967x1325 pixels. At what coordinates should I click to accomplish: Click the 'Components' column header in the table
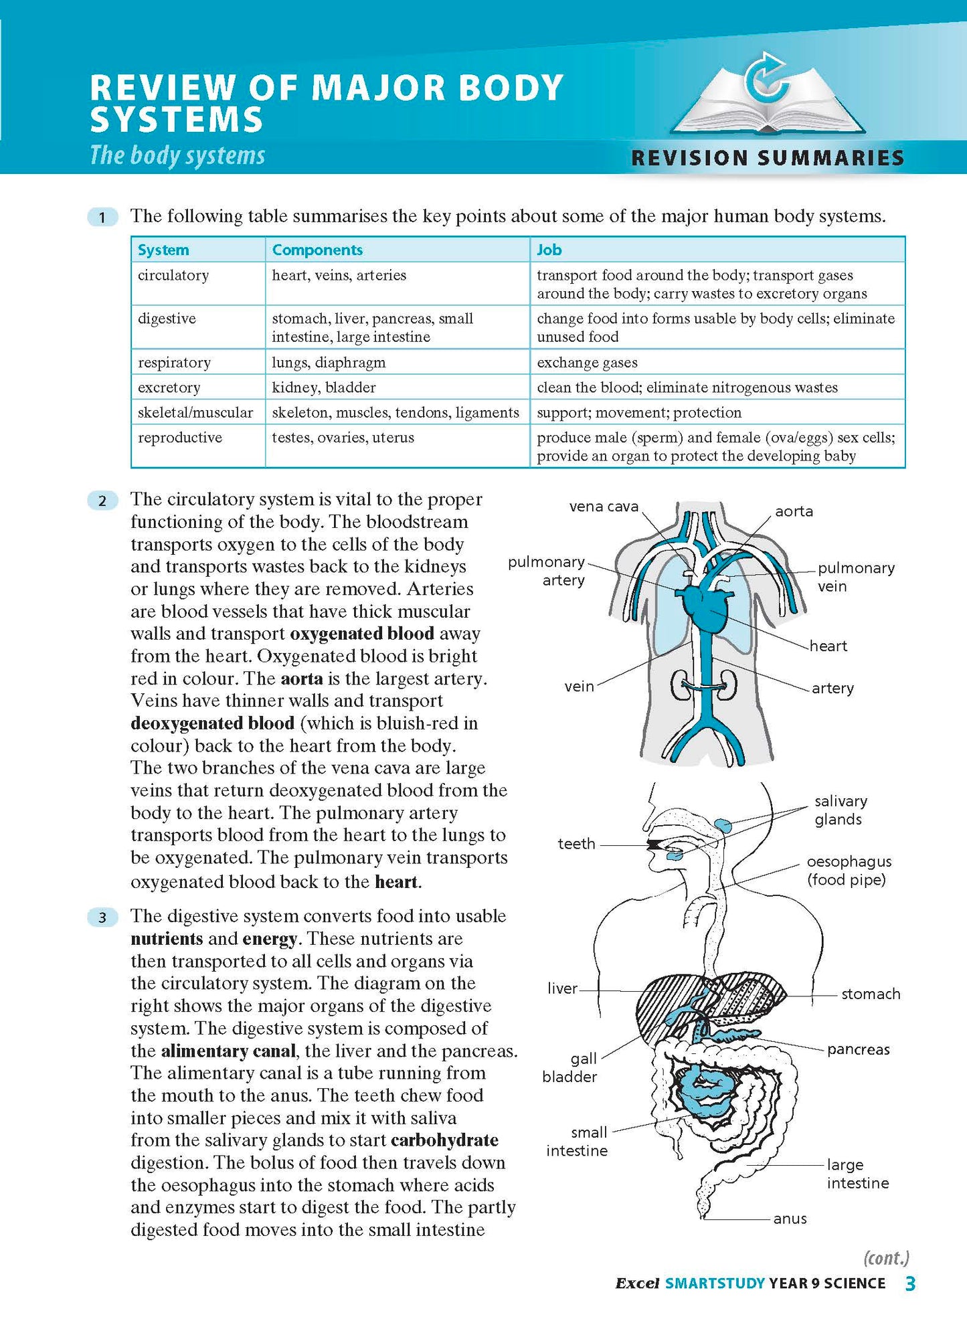(317, 250)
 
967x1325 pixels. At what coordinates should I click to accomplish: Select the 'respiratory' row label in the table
(174, 363)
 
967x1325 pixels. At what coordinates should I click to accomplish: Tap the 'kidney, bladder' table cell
(324, 387)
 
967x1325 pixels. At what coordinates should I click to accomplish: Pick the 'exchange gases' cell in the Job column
(587, 363)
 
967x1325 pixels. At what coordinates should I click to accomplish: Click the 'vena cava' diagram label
(604, 507)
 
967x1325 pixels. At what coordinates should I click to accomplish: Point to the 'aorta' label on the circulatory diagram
(794, 511)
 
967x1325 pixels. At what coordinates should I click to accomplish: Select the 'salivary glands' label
(841, 810)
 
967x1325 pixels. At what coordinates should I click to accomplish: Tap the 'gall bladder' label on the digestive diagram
(570, 1067)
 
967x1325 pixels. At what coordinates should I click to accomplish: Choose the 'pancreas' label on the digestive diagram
(858, 1049)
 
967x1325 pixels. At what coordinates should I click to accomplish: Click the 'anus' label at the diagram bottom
(790, 1219)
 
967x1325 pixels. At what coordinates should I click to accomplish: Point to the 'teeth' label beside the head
(576, 844)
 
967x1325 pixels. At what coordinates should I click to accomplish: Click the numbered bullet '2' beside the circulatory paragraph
(102, 501)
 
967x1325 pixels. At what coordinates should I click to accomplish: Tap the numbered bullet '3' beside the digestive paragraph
(102, 917)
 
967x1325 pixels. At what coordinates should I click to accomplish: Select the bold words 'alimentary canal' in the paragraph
(228, 1051)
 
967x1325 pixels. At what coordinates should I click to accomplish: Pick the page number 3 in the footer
(909, 1284)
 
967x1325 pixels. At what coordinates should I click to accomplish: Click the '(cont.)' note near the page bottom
(887, 1258)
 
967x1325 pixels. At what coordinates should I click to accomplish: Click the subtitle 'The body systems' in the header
(177, 155)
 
